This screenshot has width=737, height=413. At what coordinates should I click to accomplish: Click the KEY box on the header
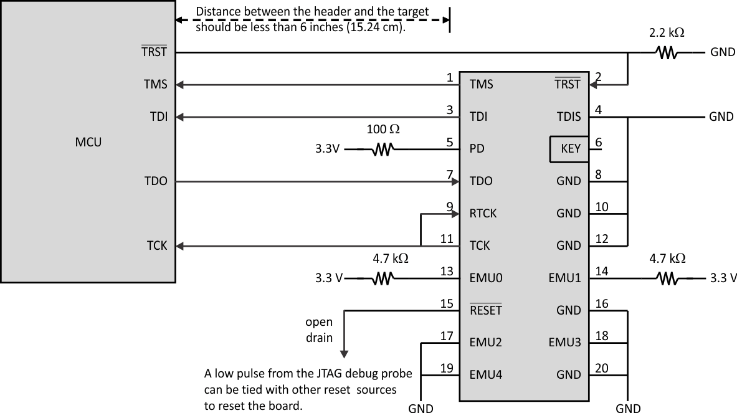pyautogui.click(x=569, y=149)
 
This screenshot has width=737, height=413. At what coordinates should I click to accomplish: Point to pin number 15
pyautogui.click(x=446, y=303)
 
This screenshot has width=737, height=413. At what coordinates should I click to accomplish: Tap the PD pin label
pyautogui.click(x=477, y=149)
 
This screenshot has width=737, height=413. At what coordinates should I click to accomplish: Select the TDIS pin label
pyautogui.click(x=568, y=116)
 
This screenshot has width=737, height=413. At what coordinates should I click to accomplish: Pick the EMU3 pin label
pyautogui.click(x=564, y=342)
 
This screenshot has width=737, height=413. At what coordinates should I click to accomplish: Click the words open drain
pyautogui.click(x=318, y=330)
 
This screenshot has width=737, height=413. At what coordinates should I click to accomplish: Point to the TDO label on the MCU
pyautogui.click(x=156, y=181)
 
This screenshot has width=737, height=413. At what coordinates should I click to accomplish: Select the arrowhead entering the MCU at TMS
pyautogui.click(x=181, y=85)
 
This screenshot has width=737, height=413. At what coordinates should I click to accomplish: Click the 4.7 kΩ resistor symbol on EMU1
pyautogui.click(x=667, y=278)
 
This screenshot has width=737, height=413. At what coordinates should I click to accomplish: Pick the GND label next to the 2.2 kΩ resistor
pyautogui.click(x=723, y=53)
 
